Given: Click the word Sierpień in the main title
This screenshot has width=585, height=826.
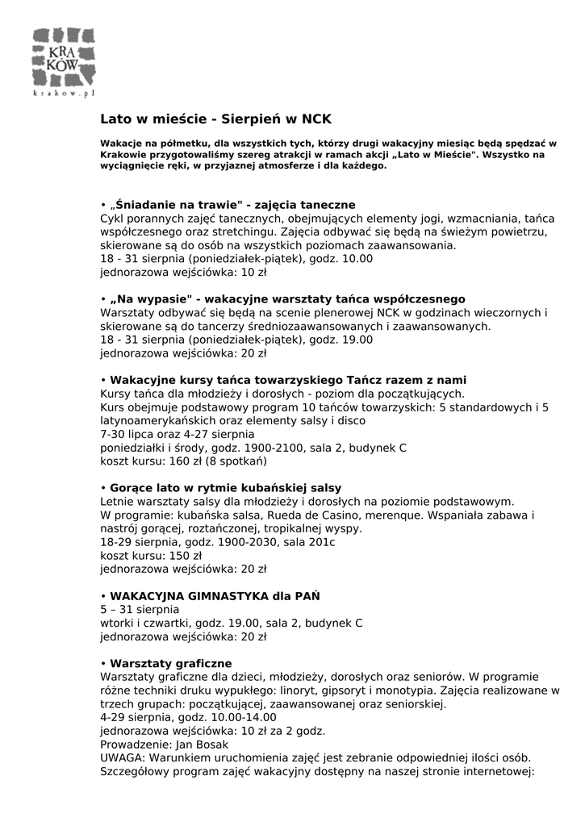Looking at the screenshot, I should tap(254, 119).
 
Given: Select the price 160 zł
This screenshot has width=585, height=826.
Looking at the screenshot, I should tap(184, 462).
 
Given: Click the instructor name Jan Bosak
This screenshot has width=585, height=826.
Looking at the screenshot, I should tap(202, 745).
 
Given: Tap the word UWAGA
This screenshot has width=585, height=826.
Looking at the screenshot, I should tap(120, 758).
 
